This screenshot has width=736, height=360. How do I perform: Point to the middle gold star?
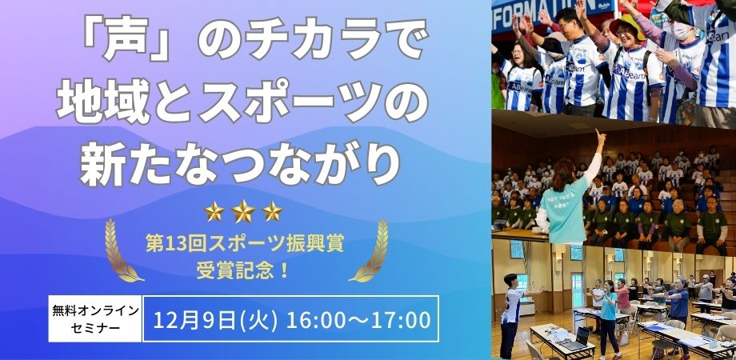(244, 211)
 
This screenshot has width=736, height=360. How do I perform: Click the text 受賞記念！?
(242, 271)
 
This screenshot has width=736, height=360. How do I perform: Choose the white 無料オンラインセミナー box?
(95, 318)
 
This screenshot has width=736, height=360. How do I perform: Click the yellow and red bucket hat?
(627, 25)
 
